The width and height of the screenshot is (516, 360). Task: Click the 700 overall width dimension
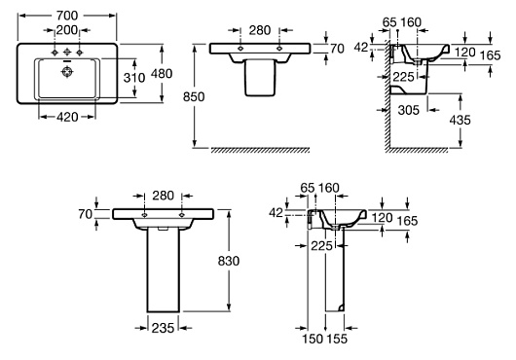click(67, 16)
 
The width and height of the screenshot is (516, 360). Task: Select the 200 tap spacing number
click(67, 30)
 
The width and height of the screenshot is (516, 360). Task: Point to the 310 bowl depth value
click(134, 78)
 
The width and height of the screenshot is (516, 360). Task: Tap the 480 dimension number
click(162, 74)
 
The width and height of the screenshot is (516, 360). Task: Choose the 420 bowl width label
click(67, 117)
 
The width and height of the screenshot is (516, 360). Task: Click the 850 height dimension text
click(194, 96)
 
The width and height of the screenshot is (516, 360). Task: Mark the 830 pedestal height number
click(229, 261)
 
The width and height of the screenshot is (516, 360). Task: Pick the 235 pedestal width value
click(163, 328)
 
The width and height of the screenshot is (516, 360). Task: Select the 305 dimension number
click(408, 110)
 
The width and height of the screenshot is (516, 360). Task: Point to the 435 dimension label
click(461, 120)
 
